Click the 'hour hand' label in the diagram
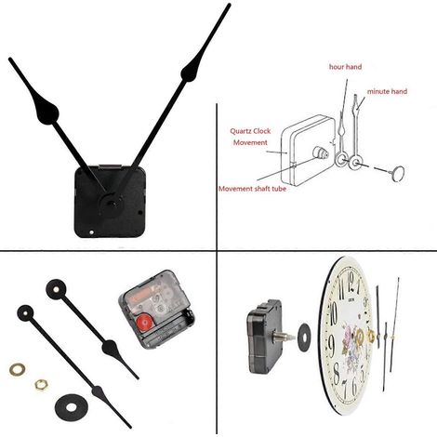(x=345, y=67)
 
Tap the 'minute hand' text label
(x=387, y=91)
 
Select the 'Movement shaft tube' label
(x=252, y=189)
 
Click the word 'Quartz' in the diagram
(x=242, y=131)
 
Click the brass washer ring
(x=18, y=369)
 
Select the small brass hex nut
(x=41, y=385)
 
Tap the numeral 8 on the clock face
(x=337, y=374)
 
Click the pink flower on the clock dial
(x=349, y=336)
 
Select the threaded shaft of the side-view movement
(x=284, y=337)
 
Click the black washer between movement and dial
(x=304, y=338)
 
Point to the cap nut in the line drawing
(x=397, y=173)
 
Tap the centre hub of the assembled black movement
(x=110, y=204)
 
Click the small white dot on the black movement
(x=91, y=232)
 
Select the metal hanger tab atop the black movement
(x=110, y=167)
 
